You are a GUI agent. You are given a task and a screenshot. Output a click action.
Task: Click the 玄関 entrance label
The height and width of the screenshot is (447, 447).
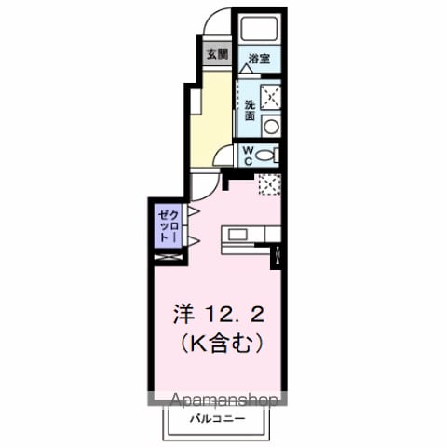218,55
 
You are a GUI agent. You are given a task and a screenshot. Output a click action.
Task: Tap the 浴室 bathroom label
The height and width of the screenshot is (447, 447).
259,59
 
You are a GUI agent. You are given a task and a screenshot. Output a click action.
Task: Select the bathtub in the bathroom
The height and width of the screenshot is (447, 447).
260,28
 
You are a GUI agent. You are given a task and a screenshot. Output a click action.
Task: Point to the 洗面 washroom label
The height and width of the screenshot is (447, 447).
251,110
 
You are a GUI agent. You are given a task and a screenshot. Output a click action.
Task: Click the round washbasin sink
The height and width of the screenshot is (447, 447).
272,126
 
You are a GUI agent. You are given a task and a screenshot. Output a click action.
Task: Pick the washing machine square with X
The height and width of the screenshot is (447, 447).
271,97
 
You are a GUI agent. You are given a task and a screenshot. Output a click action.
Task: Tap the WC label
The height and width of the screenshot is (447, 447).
249,156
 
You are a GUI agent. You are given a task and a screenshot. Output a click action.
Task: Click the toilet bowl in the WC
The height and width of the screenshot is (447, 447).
265,155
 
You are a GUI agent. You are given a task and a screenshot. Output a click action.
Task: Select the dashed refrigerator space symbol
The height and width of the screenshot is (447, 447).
270,184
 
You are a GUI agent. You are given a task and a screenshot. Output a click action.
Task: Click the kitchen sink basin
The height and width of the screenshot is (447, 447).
237,235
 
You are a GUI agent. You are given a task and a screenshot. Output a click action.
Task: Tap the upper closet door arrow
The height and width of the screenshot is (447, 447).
194,211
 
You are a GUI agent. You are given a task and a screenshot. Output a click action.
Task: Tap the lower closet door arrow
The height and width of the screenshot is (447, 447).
194,241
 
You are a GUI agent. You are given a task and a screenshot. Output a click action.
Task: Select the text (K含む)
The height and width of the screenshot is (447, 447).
222,344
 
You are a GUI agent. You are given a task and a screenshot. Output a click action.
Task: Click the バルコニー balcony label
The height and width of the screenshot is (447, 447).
218,419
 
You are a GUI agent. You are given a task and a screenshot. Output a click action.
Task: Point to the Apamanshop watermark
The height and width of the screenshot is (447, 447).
224,400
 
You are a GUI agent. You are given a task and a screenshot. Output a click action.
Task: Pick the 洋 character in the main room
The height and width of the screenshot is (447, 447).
183,314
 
